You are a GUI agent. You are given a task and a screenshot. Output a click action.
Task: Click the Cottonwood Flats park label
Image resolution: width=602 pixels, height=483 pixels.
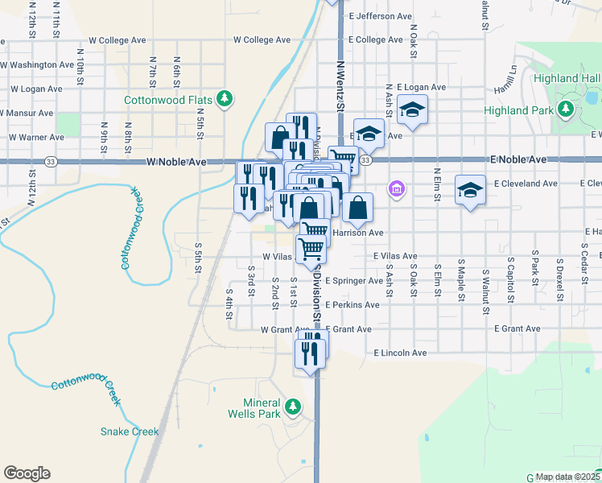[167, 101]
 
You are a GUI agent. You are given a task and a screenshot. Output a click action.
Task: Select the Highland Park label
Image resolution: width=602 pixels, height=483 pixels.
[519, 110]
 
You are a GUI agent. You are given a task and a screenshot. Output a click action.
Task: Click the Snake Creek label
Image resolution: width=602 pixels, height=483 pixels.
[130, 431]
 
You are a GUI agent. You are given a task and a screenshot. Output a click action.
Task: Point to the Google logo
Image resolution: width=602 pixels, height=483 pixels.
[27, 473]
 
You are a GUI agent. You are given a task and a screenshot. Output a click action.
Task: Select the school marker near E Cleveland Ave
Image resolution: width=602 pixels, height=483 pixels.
[470, 189]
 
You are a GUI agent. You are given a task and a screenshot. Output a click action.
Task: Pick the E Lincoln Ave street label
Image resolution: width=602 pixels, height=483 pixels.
[400, 353]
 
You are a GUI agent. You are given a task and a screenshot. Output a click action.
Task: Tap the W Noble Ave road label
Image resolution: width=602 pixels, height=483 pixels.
[176, 162]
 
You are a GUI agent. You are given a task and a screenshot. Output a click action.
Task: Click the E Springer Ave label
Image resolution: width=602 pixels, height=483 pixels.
[354, 281]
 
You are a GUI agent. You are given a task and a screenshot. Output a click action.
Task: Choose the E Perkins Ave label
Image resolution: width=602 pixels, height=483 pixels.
[352, 305]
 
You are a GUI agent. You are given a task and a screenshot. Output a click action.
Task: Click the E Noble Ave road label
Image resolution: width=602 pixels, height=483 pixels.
[520, 160]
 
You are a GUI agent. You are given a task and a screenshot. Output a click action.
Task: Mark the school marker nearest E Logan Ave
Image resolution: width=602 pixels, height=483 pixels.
[412, 109]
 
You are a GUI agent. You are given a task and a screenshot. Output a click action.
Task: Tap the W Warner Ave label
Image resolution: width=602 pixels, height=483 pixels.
[35, 137]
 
